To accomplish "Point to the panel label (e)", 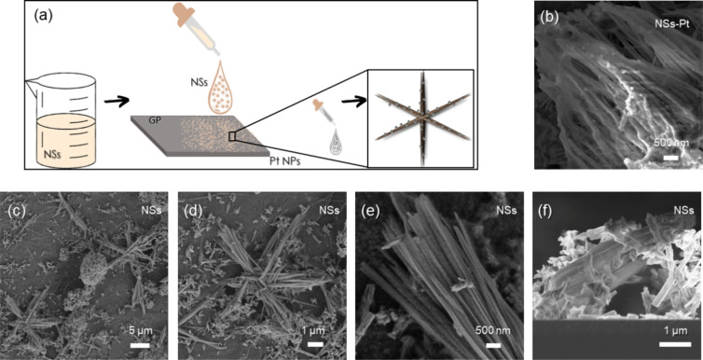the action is [x=370, y=210].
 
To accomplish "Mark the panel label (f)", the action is [x=548, y=210].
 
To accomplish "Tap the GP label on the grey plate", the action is [x=140, y=120].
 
